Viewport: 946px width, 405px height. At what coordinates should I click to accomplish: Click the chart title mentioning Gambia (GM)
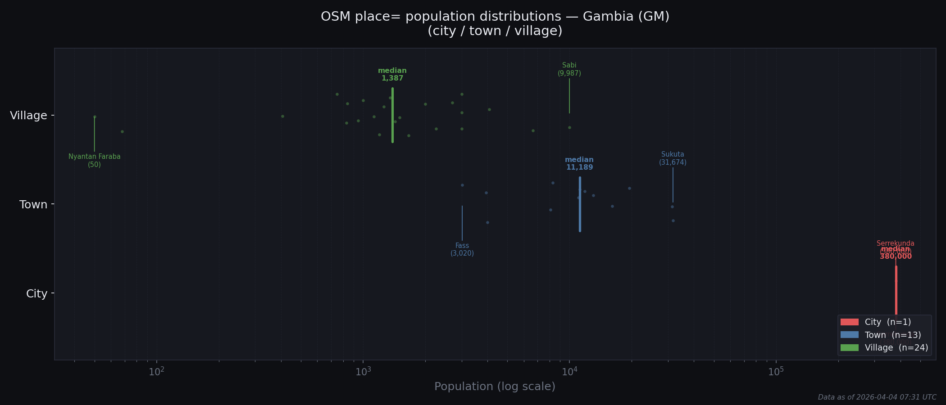point(495,23)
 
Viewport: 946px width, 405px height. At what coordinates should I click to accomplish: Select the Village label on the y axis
point(29,116)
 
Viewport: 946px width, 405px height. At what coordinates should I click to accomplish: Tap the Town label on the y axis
point(33,205)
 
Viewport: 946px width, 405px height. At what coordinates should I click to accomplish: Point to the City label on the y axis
point(36,294)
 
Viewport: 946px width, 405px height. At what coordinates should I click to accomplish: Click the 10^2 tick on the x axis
point(156,372)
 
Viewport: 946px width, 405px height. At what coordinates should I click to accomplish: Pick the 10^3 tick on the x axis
point(363,372)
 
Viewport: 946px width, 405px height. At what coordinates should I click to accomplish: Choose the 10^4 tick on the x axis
point(569,372)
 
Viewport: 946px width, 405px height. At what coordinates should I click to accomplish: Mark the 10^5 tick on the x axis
point(776,372)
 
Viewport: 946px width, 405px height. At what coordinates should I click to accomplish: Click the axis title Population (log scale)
point(495,387)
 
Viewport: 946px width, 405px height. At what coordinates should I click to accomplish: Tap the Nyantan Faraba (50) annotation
point(95,161)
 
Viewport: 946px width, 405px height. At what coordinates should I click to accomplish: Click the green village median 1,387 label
point(392,75)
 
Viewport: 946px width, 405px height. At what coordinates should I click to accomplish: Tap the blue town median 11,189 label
point(579,164)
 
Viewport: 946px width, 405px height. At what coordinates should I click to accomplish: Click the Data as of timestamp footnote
point(877,397)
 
